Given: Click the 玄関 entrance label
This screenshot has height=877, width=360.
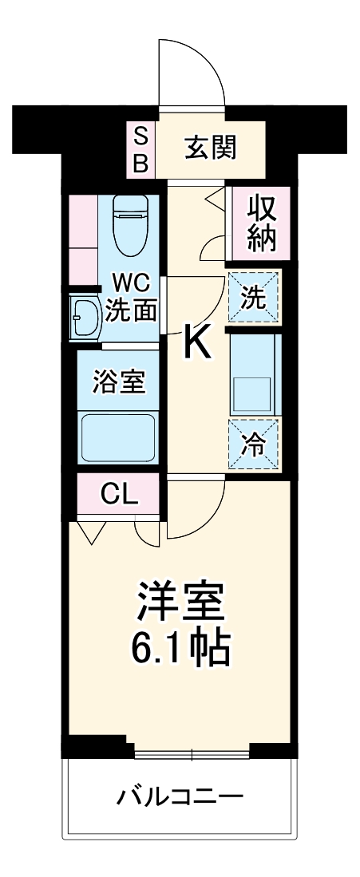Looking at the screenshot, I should pyautogui.click(x=211, y=148).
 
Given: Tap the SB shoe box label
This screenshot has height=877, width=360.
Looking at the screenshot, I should pyautogui.click(x=140, y=149).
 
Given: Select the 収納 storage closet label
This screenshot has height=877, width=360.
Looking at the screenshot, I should pyautogui.click(x=261, y=223).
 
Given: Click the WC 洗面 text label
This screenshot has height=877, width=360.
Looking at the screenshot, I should pyautogui.click(x=130, y=297).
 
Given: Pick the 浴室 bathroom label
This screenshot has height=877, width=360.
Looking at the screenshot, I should pyautogui.click(x=119, y=382).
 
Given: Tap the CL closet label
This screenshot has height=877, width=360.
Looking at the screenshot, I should pyautogui.click(x=119, y=496).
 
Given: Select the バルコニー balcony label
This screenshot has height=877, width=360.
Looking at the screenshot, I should pyautogui.click(x=179, y=796).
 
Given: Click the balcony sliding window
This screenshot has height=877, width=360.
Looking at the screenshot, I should pyautogui.click(x=192, y=753).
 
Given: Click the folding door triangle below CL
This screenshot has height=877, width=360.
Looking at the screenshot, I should pyautogui.click(x=90, y=531).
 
